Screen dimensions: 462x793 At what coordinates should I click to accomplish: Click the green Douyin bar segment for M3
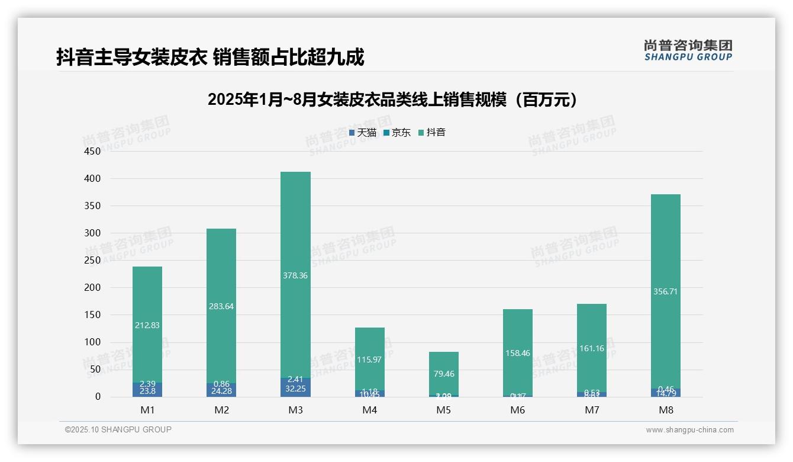(x=295, y=237)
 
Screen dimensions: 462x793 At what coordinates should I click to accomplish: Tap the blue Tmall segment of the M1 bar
(x=147, y=391)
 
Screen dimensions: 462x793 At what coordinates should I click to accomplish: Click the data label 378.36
(x=295, y=275)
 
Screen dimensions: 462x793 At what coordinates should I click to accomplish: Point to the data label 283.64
(x=221, y=306)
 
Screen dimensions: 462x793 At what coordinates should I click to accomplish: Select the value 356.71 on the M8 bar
(x=665, y=291)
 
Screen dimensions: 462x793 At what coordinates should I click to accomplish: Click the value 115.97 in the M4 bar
(x=369, y=360)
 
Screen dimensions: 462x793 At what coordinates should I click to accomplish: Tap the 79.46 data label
(x=443, y=374)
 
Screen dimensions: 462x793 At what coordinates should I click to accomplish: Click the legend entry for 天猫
(x=363, y=133)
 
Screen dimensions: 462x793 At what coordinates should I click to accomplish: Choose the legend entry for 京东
(x=397, y=133)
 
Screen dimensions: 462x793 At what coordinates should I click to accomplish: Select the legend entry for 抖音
(x=432, y=133)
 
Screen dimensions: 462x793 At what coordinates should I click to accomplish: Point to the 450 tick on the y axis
(x=92, y=151)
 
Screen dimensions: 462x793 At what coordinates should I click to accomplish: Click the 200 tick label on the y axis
(x=92, y=288)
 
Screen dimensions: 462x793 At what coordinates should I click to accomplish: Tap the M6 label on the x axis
(x=517, y=410)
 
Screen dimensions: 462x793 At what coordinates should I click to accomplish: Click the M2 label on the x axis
(x=221, y=410)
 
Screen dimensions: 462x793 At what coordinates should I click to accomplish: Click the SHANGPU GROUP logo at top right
(x=688, y=50)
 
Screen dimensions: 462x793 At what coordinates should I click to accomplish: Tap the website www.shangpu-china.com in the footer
(x=689, y=430)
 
